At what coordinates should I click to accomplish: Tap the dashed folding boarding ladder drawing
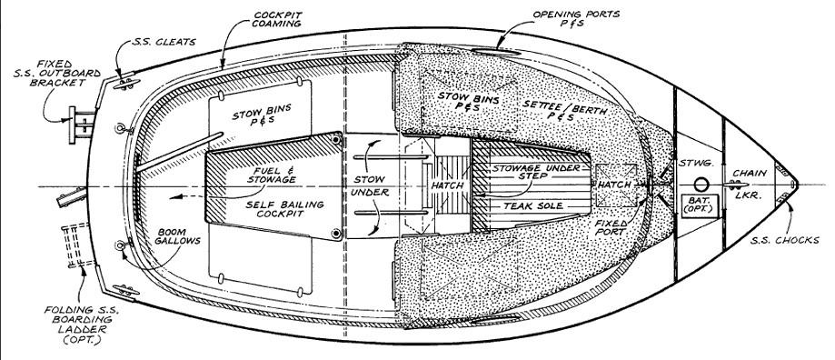coord(73,246)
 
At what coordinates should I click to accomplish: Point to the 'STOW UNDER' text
coord(371,186)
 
